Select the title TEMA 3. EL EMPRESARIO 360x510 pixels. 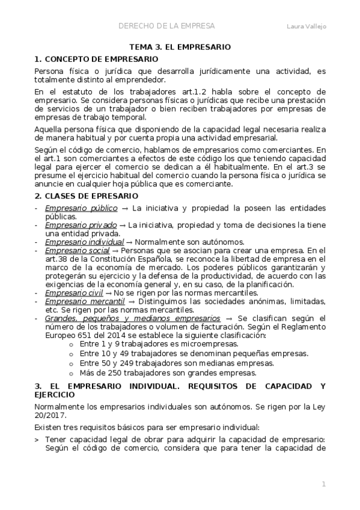tap(180, 46)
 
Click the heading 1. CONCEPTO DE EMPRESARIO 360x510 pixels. tap(97, 60)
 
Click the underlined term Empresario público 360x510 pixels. tap(75, 208)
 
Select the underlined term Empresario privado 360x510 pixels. tap(76, 225)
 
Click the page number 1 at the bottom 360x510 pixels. tap(323, 484)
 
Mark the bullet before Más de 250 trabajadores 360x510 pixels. tap(72, 373)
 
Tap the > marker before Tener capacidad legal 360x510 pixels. tap(37, 439)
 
